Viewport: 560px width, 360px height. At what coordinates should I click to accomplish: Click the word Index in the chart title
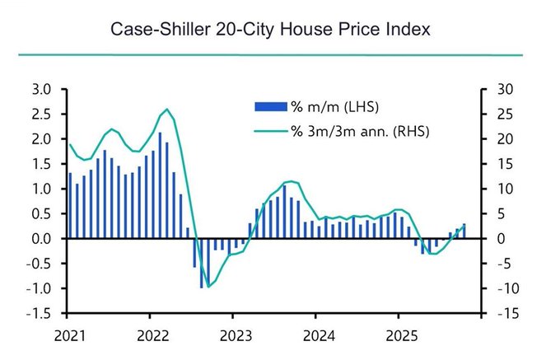tap(407, 30)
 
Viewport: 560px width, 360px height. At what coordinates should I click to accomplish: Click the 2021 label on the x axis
tap(66, 335)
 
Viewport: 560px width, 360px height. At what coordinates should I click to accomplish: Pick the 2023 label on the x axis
tap(231, 335)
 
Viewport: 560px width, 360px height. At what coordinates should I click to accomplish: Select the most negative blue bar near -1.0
tap(202, 263)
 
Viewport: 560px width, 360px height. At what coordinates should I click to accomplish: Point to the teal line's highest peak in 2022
tap(167, 109)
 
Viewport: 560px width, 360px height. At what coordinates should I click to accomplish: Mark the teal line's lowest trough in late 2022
tap(209, 287)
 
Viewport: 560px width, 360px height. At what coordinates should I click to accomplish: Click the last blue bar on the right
tap(464, 231)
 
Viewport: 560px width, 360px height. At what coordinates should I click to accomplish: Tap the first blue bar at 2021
tap(70, 206)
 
